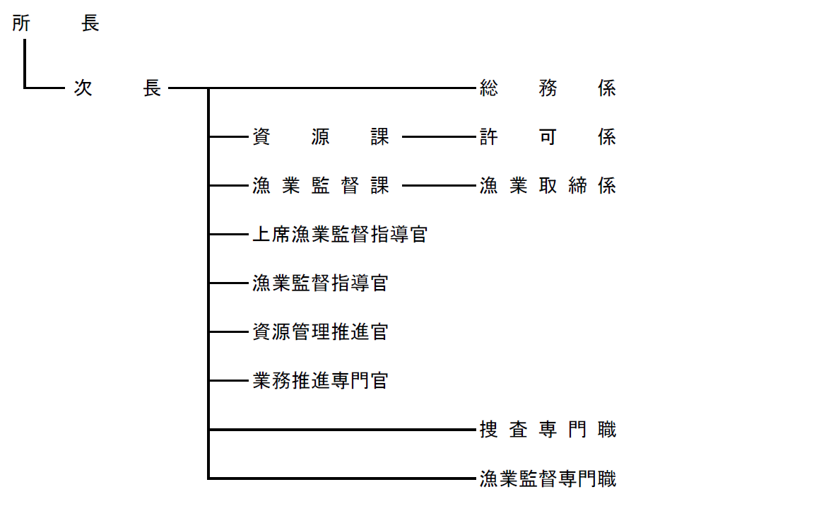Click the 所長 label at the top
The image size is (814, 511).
tap(56, 24)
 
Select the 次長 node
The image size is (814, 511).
tap(117, 88)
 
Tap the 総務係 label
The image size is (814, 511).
tap(548, 88)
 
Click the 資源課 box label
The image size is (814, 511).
tap(321, 137)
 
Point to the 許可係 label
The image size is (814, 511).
tap(548, 137)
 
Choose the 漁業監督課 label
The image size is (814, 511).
tap(321, 186)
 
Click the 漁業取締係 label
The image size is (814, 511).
tap(548, 186)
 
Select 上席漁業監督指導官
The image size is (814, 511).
tap(340, 235)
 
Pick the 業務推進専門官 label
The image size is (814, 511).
tap(320, 381)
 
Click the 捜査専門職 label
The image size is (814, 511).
tap(548, 430)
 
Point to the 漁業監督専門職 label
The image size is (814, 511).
tap(548, 479)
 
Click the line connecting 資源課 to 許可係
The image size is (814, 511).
tap(437, 137)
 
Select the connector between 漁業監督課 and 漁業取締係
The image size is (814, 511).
tap(437, 186)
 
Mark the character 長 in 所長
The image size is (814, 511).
tap(90, 24)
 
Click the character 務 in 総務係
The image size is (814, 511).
tap(548, 88)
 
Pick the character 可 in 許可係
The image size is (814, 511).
tap(548, 137)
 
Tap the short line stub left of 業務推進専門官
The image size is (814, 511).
tap(226, 381)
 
